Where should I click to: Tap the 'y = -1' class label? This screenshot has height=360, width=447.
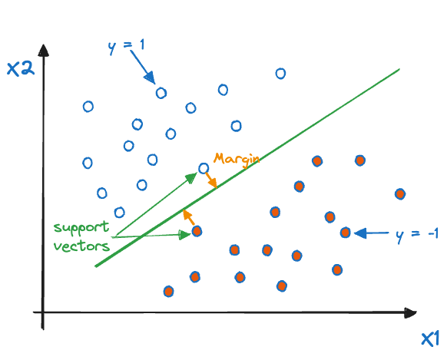(417, 235)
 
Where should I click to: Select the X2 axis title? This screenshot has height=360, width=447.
(21, 68)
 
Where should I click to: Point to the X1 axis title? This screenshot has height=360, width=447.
(430, 339)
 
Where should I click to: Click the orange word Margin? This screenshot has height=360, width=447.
(237, 160)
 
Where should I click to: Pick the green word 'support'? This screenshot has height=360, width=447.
(81, 228)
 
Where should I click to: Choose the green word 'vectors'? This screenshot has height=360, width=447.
(82, 246)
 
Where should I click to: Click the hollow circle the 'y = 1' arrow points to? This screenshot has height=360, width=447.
(161, 93)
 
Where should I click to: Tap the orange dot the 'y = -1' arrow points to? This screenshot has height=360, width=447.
(345, 233)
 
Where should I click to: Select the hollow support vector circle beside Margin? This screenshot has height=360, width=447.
(204, 168)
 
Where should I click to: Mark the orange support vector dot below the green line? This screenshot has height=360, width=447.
(197, 231)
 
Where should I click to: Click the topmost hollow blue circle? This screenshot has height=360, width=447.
(280, 74)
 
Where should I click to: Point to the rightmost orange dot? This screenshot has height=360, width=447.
(400, 194)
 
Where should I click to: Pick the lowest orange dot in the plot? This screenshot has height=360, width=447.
(168, 292)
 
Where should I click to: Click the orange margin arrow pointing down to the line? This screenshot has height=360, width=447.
(211, 180)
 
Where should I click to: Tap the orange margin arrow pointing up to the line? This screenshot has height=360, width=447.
(188, 217)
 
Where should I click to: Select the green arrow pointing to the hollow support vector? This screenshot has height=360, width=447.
(157, 204)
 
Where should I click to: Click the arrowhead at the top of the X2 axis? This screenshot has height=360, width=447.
(43, 51)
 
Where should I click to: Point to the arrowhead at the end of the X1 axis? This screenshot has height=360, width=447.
(410, 313)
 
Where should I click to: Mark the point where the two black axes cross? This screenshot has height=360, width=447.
(43, 312)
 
